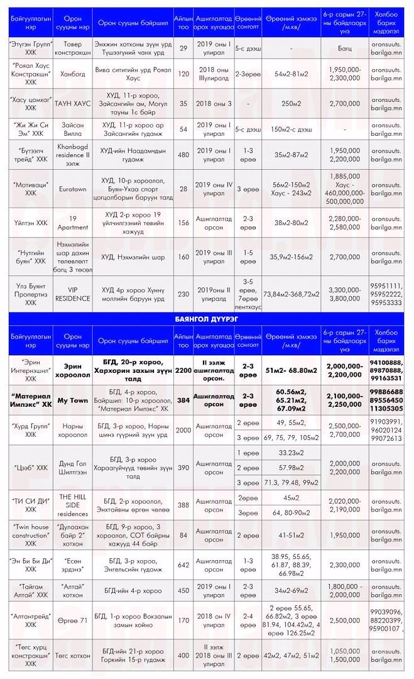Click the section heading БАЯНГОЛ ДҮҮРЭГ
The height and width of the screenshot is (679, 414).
(207, 319)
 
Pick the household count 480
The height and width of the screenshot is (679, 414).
(183, 155)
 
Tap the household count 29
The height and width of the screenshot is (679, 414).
(183, 48)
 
